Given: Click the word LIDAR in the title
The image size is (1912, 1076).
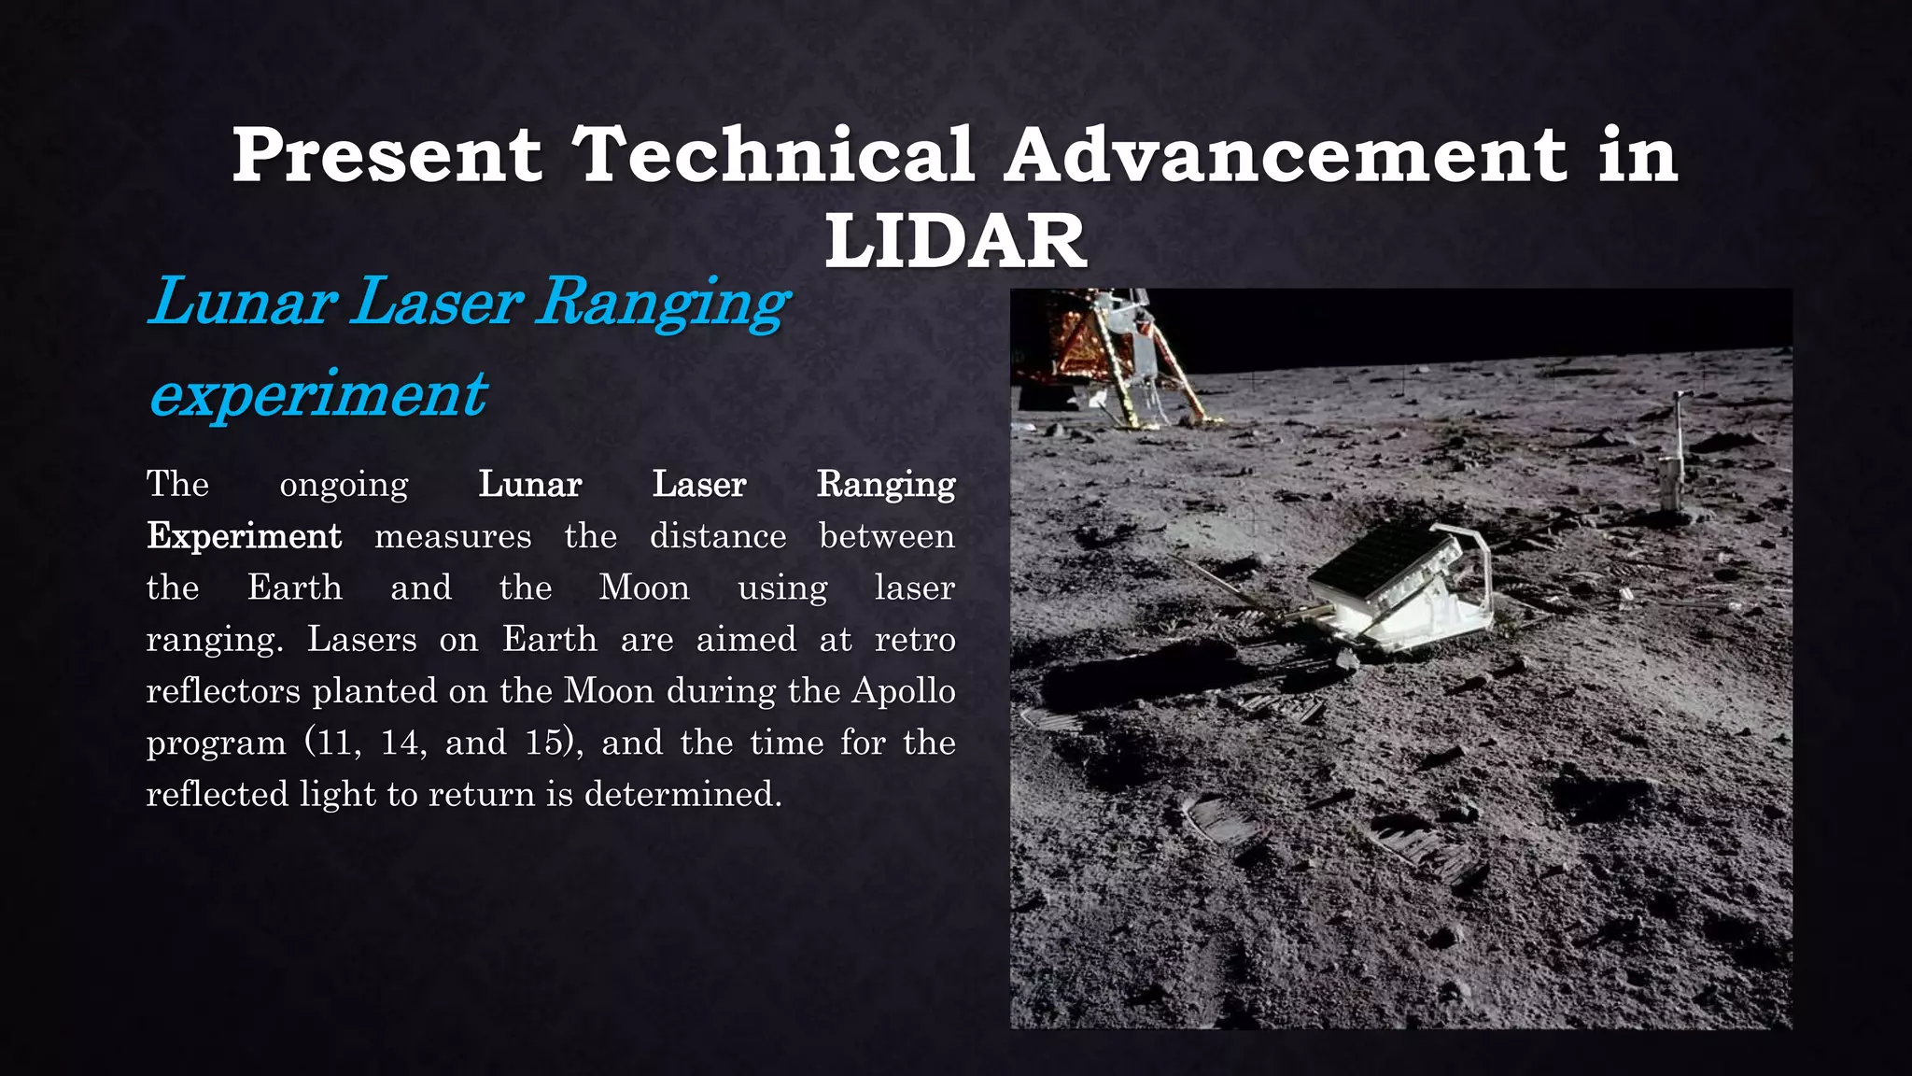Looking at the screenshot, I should coord(955,241).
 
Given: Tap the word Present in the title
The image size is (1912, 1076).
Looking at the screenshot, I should coord(387,154).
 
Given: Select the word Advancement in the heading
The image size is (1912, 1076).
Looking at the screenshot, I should coord(1287,154).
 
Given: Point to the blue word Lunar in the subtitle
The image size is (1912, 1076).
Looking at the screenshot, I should coord(243,302).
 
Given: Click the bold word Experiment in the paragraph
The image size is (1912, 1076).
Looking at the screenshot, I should coord(245,536).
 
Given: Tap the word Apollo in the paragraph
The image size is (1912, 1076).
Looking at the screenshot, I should coord(903,691).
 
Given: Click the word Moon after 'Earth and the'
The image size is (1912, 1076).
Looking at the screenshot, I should coord(644,588).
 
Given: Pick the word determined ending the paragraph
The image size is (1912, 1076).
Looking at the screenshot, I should coord(682,794).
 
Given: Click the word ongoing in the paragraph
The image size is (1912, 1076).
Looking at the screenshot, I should coord(344,485).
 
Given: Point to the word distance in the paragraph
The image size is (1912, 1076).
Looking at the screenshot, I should coord(718,536).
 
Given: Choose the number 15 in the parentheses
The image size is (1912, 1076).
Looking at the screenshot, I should coord(543,743).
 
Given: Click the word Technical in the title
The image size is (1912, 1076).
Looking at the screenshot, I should coord(773,154).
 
